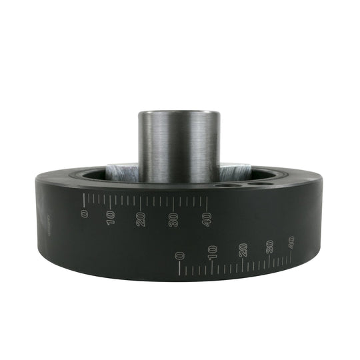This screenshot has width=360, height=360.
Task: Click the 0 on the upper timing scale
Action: pos(85,213)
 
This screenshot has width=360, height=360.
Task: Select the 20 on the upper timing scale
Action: pos(141,219)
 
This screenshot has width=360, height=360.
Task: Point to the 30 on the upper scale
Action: pos(174,221)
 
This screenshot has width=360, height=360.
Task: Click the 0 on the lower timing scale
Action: pos(179,255)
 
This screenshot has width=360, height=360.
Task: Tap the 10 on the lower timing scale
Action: pos(212,252)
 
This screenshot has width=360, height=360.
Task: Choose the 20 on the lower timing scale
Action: pos(243,249)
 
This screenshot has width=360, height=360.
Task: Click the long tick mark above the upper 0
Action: pos(85,199)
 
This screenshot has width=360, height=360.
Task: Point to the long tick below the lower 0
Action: pos(179,269)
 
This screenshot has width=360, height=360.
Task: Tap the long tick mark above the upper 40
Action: pos(207,201)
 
